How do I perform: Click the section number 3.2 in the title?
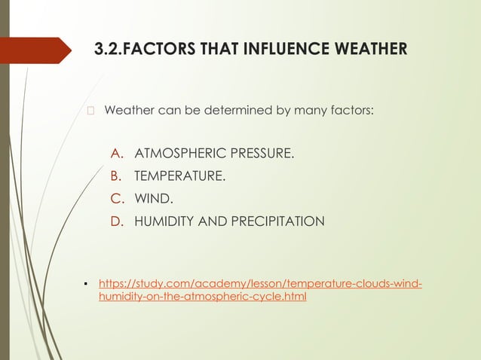tap(107, 50)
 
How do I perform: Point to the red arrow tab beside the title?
tap(41, 50)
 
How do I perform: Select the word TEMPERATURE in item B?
tap(179, 177)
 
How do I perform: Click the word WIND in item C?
tap(152, 200)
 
